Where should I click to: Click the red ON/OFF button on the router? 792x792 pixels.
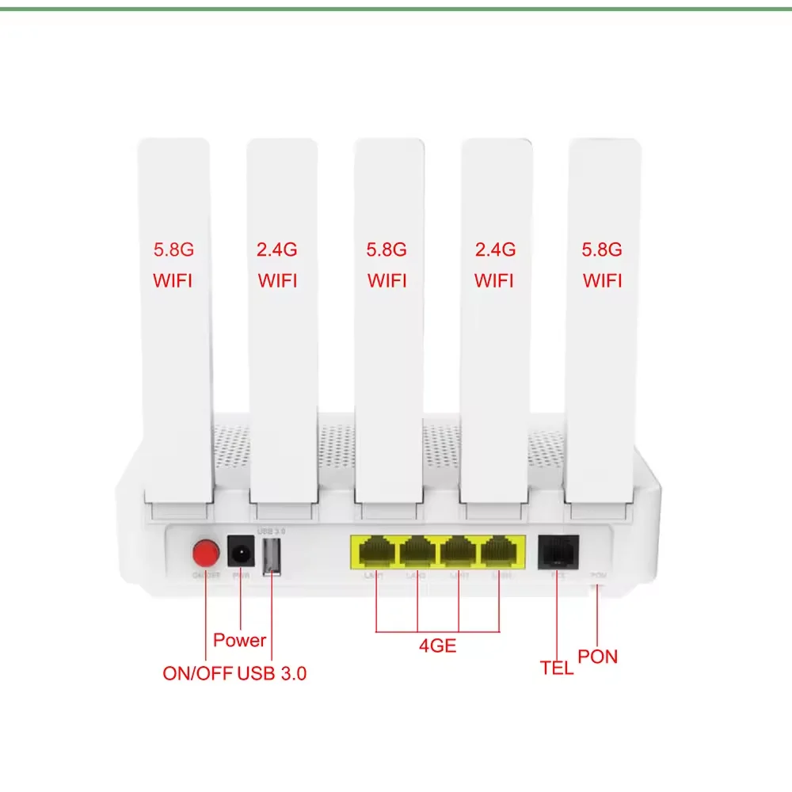tap(207, 552)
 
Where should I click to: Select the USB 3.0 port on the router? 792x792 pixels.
tap(272, 556)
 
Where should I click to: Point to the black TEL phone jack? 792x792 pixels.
tap(558, 550)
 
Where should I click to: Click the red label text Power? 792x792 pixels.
tap(239, 640)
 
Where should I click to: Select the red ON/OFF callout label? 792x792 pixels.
tap(197, 674)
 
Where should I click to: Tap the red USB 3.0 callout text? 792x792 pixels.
tap(272, 674)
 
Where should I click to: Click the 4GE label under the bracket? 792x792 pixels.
tap(437, 646)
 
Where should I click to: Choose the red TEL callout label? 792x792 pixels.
tap(557, 668)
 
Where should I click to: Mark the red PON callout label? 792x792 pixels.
tap(597, 657)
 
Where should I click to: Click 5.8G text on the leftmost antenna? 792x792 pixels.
tap(173, 250)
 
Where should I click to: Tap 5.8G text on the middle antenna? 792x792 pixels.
tap(386, 250)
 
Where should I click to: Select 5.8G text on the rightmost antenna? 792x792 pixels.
tap(602, 250)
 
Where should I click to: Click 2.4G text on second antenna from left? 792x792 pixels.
tap(277, 250)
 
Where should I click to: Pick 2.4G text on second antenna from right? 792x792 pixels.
tap(495, 250)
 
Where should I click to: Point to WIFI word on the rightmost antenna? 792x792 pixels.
tap(602, 280)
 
